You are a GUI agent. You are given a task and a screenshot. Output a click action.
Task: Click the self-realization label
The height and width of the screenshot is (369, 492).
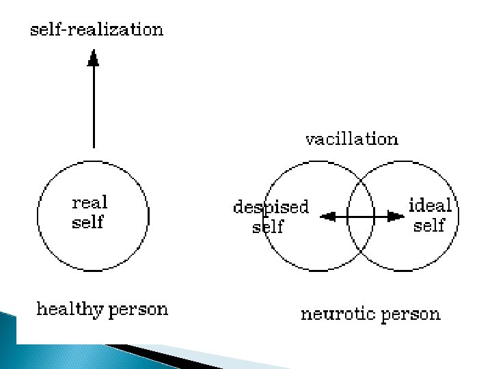click(x=96, y=30)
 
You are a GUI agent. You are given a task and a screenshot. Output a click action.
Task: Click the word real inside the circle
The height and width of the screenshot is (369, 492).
click(x=90, y=202)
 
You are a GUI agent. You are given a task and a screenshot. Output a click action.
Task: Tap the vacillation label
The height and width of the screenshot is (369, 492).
click(x=351, y=139)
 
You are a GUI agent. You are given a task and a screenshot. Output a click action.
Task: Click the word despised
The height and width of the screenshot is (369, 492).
click(x=271, y=206)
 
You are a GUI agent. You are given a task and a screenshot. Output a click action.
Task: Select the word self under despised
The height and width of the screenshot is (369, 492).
click(x=267, y=226)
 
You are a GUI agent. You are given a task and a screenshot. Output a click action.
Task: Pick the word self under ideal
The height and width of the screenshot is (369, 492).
click(x=428, y=225)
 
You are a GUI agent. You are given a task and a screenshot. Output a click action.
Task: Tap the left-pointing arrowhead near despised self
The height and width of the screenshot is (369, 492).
click(x=328, y=217)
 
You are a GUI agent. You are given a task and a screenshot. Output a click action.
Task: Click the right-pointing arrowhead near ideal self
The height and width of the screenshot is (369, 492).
click(x=396, y=217)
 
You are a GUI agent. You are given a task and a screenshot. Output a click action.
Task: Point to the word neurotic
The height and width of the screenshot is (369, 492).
click(x=337, y=314)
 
